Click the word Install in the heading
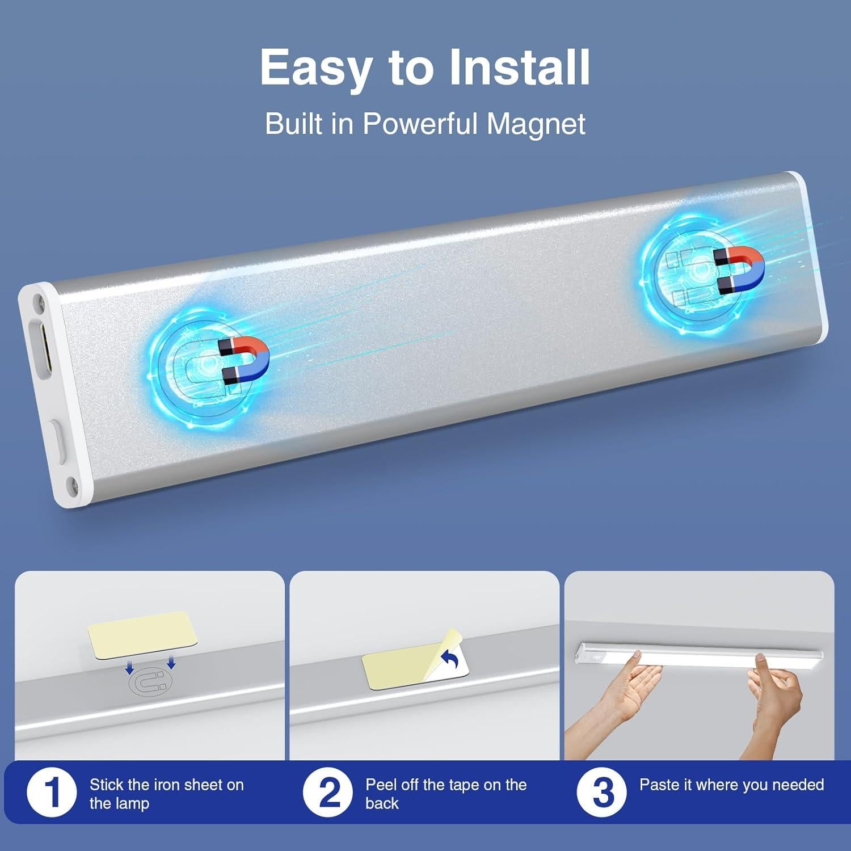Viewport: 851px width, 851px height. tap(519, 68)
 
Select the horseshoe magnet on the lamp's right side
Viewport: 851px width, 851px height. tap(739, 270)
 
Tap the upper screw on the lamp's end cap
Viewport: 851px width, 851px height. tap(40, 301)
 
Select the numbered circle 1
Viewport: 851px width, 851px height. tap(52, 793)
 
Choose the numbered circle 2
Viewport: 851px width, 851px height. tap(328, 793)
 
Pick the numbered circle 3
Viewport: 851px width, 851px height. tap(602, 793)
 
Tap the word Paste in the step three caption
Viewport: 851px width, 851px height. tap(659, 785)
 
